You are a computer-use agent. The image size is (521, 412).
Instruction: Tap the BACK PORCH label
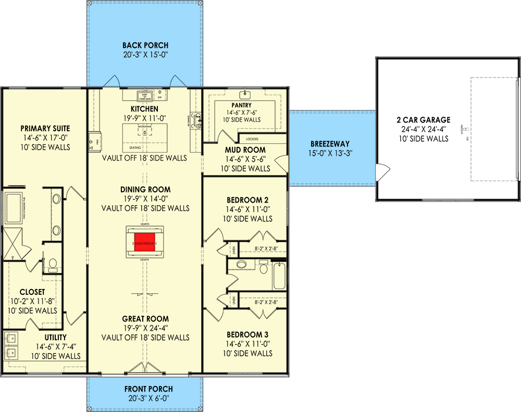[145, 45]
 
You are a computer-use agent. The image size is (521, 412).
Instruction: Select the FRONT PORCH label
[148, 389]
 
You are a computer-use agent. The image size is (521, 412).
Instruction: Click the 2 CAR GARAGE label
[423, 120]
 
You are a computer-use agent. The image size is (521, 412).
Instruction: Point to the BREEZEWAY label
[330, 144]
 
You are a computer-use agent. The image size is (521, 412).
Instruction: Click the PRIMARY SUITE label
[45, 129]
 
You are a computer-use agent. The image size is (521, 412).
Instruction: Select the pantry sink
[244, 95]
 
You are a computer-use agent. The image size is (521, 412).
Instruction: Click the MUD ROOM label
[245, 150]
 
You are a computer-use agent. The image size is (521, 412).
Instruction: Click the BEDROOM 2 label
[247, 200]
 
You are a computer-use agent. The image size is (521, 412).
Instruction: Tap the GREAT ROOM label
[145, 319]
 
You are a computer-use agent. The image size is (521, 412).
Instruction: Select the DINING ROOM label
[145, 190]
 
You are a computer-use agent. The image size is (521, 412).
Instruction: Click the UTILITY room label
[55, 338]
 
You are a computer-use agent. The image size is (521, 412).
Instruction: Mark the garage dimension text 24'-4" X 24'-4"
[423, 129]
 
